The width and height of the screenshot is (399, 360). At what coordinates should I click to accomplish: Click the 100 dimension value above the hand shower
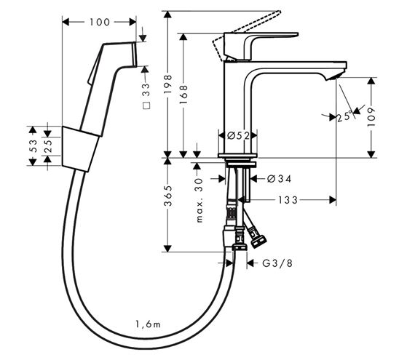point(99,22)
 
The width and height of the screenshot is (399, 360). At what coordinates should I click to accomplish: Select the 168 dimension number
point(183,95)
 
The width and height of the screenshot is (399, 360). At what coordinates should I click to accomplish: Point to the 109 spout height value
point(371,117)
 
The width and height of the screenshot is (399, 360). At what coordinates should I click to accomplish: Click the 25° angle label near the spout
point(345,116)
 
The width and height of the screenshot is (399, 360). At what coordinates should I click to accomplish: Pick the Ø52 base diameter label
point(238,136)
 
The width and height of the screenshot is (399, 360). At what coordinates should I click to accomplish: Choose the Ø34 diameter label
point(279,179)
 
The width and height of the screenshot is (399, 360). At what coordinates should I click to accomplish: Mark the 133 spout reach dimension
point(288,200)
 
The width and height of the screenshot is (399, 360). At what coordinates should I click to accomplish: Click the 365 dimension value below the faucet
point(168,196)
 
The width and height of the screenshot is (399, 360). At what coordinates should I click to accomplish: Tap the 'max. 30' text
point(199,200)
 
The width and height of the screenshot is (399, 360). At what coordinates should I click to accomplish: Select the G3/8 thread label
point(277,263)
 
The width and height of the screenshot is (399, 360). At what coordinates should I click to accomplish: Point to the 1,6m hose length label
point(148,324)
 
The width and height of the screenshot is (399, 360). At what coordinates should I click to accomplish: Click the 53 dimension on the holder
point(33,146)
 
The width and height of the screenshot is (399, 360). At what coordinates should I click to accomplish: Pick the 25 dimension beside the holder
point(48,146)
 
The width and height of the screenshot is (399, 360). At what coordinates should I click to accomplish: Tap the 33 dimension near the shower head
point(146,90)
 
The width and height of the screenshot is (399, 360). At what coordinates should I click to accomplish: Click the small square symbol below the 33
point(146,105)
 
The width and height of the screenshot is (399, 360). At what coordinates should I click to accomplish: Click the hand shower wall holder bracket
point(80,149)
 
